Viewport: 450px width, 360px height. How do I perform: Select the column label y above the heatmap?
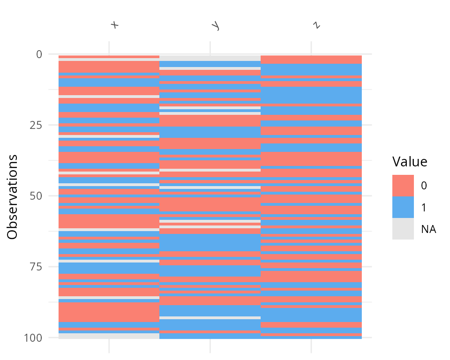(x=216, y=26)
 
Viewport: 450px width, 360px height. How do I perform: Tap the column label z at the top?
(x=317, y=25)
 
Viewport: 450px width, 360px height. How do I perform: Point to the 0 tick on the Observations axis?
(x=39, y=54)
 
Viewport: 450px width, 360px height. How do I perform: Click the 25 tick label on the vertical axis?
(x=36, y=125)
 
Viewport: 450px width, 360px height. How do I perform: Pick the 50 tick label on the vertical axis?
(x=36, y=196)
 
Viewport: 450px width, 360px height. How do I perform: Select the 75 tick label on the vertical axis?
(x=36, y=267)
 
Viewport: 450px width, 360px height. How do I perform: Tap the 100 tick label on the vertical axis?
(x=34, y=337)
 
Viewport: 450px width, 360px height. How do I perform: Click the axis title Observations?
(x=13, y=196)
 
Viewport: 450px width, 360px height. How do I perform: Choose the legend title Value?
(x=410, y=162)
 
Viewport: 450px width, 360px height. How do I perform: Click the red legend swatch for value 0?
(x=403, y=186)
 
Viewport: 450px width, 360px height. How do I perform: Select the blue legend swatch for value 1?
(x=403, y=207)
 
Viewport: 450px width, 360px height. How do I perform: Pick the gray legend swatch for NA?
(x=403, y=229)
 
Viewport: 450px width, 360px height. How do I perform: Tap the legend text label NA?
(x=428, y=229)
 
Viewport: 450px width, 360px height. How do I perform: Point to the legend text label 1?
(x=424, y=208)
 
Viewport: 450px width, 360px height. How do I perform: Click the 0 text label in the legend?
(x=424, y=186)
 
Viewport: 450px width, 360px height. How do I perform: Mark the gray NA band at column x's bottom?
(x=109, y=336)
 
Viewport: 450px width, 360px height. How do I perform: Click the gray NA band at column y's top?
(x=210, y=58)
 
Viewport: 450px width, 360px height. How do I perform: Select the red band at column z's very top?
(x=311, y=60)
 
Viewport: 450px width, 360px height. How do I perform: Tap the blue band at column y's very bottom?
(x=210, y=336)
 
